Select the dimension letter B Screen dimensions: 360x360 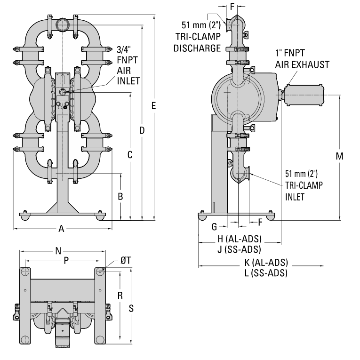[x=120, y=196]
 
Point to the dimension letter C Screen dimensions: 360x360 [x=131, y=154]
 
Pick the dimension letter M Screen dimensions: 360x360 [x=339, y=156]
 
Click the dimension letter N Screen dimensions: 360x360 [x=58, y=251]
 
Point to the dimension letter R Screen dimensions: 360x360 [x=120, y=296]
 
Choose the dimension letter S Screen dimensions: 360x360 [x=132, y=308]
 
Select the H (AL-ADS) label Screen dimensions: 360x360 [x=240, y=238]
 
